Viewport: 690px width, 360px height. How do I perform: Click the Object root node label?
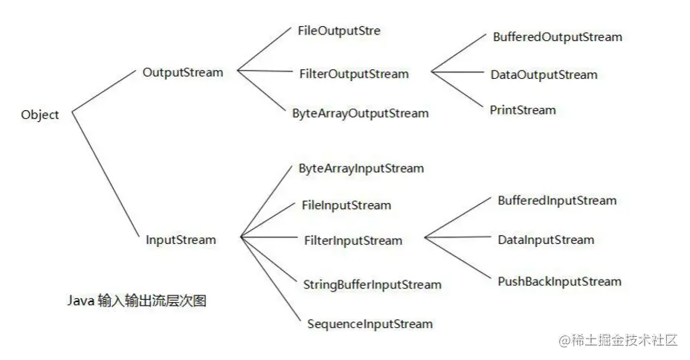coord(39,115)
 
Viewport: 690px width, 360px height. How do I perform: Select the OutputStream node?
coord(183,72)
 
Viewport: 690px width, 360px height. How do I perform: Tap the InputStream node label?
coord(181,240)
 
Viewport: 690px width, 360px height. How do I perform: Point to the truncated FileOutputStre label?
coord(339,30)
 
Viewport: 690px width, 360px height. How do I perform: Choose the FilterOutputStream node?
coord(354,74)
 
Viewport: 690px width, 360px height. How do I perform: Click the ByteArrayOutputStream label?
coord(361,113)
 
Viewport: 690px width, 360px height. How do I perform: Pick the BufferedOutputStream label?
coord(558,37)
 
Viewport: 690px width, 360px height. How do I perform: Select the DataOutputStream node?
coord(544,75)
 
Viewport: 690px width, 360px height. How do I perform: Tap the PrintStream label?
coord(523,110)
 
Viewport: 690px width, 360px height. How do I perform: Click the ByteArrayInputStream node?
coord(361,169)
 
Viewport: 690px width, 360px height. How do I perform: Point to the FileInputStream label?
coord(346,205)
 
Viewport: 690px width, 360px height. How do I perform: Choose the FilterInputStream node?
coord(353,241)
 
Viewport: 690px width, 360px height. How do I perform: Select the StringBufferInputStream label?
coord(373,285)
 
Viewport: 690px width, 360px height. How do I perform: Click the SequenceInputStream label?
coord(370,324)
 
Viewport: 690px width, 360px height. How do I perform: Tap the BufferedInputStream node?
coord(557,201)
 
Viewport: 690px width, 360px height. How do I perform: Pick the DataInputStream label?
coord(546,240)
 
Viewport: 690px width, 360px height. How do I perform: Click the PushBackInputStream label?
coord(559,282)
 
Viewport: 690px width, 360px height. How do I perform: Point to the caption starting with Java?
coord(137,300)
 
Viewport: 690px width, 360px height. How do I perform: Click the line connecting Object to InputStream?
coord(106,175)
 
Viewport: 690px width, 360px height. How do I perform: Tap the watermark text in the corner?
coord(619,340)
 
